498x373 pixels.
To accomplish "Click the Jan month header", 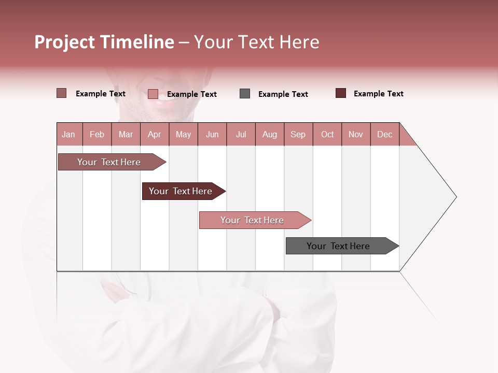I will pos(68,134).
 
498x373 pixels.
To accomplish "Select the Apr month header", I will pos(154,134).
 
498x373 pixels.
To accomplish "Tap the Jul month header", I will pos(241,134).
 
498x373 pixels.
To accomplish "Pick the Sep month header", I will pos(298,134).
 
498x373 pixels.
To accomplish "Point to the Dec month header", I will pos(384,134).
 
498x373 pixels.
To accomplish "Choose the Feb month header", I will pos(97,134).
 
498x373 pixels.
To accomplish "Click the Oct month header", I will pos(327,134).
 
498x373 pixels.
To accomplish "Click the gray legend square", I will pos(245,94).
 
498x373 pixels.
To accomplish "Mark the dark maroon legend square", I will pos(341,93).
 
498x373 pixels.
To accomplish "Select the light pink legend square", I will pos(153,94).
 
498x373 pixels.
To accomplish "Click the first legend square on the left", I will pos(62,93).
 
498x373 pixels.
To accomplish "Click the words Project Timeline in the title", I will pos(104,42).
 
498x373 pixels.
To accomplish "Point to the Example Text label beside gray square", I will pos(283,94).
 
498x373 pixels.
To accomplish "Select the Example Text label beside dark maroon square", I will pos(378,94).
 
